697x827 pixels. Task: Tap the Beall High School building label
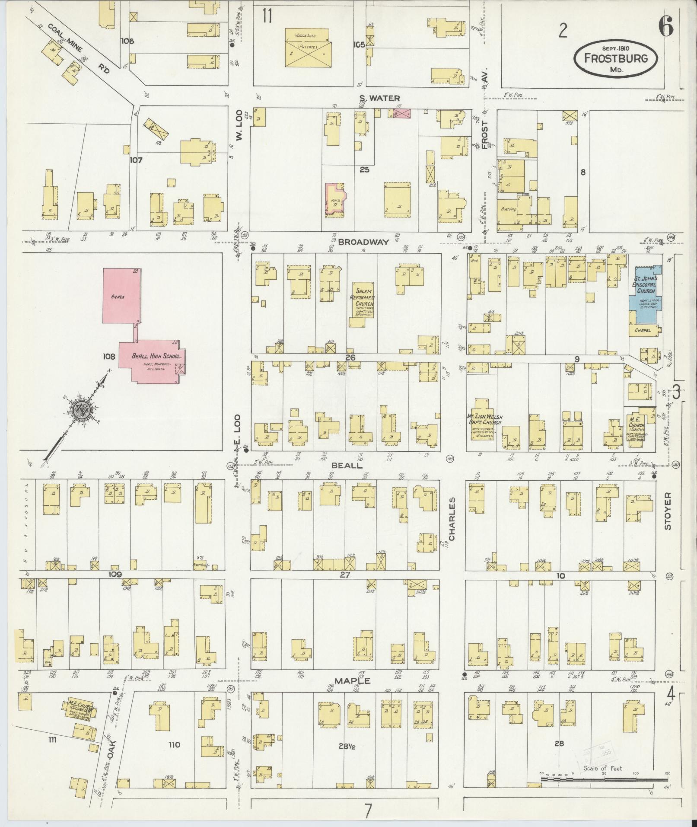pos(159,357)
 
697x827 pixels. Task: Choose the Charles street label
pos(452,519)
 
